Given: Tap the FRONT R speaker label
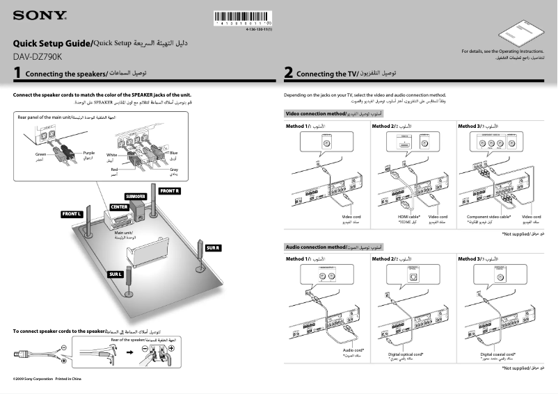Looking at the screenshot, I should click(170, 190).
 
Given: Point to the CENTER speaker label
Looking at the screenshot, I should click(118, 208).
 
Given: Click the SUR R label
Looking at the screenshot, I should click(213, 248).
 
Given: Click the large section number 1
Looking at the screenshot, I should click(17, 73).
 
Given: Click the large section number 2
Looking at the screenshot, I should click(289, 73).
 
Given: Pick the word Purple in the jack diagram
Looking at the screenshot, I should click(88, 153).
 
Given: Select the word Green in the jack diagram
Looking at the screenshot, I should click(41, 153).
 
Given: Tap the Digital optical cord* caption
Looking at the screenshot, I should click(406, 354).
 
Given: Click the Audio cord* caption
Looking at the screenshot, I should click(354, 350).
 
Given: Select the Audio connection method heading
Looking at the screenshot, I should click(315, 247).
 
